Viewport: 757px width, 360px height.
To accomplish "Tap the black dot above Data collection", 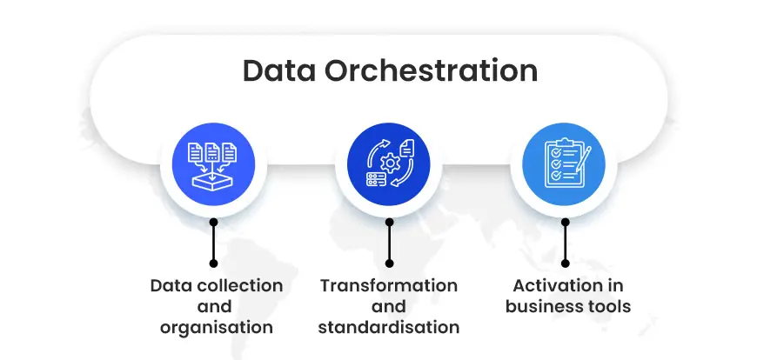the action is click(213, 262).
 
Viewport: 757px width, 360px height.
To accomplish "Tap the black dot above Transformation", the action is click(389, 262).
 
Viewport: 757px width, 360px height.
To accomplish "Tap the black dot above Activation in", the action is click(565, 262).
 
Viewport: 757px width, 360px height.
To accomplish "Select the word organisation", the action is click(217, 328).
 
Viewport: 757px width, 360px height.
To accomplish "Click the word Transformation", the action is click(388, 285).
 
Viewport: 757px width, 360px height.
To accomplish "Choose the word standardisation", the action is click(388, 328).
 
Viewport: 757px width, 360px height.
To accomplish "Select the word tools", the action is click(610, 306).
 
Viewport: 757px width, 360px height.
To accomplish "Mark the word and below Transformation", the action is click(388, 306).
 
